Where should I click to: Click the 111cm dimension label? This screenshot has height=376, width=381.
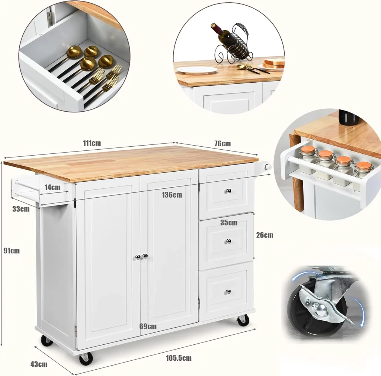[x=92, y=143]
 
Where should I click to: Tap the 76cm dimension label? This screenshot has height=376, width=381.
[x=222, y=143]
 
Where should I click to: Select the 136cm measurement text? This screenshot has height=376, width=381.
[x=172, y=195]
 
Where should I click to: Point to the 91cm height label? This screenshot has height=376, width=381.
[x=12, y=251]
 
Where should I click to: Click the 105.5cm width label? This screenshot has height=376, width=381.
[x=179, y=358]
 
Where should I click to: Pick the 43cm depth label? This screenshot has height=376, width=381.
[x=39, y=364]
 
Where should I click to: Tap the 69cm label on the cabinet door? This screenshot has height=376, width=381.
[x=148, y=326]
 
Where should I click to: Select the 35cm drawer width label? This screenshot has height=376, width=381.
[x=229, y=222]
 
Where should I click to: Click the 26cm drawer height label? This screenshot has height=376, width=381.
[x=265, y=235]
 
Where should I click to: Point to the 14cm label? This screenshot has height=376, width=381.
[x=52, y=187]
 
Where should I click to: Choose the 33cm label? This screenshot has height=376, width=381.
[x=21, y=209]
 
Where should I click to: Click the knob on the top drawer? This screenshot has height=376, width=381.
[x=228, y=191]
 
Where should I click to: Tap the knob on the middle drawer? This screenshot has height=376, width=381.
[x=228, y=241]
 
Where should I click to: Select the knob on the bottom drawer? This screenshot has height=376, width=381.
[x=228, y=291]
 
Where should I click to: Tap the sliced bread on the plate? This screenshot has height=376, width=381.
[x=274, y=63]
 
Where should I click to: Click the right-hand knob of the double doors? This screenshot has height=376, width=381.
[x=145, y=256]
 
